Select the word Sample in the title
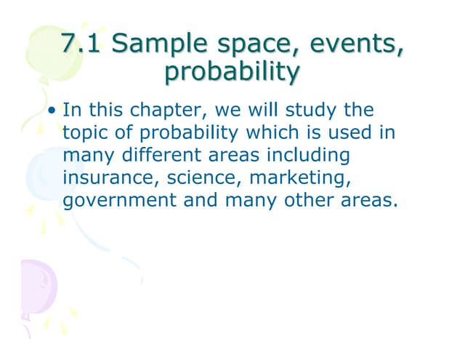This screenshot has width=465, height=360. [x=152, y=45]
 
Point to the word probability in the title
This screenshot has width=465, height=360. [x=232, y=73]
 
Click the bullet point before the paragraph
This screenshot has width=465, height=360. [x=53, y=113]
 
